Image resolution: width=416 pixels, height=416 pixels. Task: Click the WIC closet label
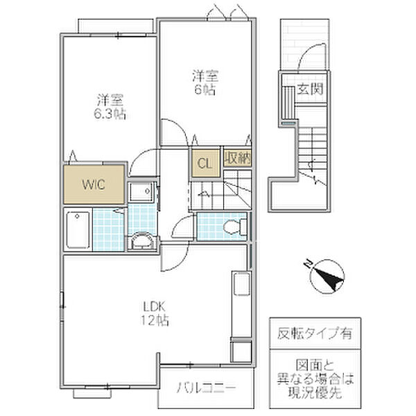tap(94, 184)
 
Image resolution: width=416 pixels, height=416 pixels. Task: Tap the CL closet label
tap(205, 164)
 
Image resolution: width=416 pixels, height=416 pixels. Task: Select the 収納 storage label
tap(237, 158)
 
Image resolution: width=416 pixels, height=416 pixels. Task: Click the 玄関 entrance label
tap(310, 89)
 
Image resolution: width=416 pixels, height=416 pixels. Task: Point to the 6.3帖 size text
tap(110, 114)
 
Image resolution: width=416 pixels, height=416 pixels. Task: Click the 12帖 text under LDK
tap(155, 320)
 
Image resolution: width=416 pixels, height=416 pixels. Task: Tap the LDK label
tap(155, 307)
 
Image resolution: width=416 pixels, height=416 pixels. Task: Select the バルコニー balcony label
tap(206, 388)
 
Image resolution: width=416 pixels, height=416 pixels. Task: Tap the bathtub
tap(78, 229)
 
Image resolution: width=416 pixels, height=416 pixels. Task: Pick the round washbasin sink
tap(143, 241)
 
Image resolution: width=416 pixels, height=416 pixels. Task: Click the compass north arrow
tap(327, 277)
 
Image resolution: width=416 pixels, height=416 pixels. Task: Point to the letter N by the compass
tap(307, 263)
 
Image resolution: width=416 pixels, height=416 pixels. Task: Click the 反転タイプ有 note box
tap(315, 333)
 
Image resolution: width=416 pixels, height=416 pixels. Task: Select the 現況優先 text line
tap(315, 392)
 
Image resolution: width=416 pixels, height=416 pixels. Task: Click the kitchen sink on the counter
tap(241, 284)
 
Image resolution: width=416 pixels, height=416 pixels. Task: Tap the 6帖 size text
tap(205, 89)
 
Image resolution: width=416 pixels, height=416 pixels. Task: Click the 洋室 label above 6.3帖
tap(110, 101)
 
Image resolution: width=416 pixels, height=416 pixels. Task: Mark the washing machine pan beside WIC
tap(141, 192)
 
